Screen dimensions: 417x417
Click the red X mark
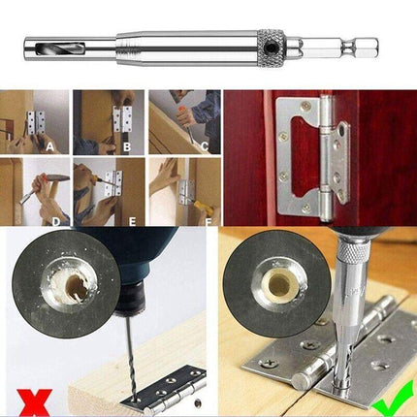(x=34, y=402)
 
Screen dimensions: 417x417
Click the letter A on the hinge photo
(x=49, y=147)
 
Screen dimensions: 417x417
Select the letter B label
(x=127, y=147)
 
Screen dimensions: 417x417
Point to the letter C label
(x=205, y=146)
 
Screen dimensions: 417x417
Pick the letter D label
(x=56, y=222)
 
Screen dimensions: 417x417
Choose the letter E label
(x=132, y=222)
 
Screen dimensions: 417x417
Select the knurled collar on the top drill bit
(x=271, y=48)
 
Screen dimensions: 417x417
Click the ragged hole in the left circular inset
(x=77, y=284)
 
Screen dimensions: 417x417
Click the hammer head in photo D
(x=58, y=177)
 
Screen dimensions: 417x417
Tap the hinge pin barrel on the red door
(x=326, y=158)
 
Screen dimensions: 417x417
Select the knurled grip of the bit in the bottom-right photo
(x=355, y=251)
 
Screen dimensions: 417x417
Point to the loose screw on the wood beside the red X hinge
(x=198, y=402)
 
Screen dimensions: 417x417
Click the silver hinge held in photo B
(x=122, y=118)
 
